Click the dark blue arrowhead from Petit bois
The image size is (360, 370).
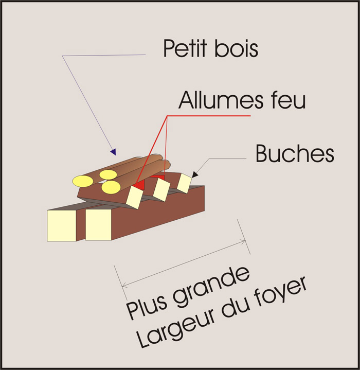113,152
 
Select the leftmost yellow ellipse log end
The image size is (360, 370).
82,181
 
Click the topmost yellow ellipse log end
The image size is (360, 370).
109,174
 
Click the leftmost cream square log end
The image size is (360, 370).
62,226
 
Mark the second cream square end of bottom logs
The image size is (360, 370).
98,225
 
